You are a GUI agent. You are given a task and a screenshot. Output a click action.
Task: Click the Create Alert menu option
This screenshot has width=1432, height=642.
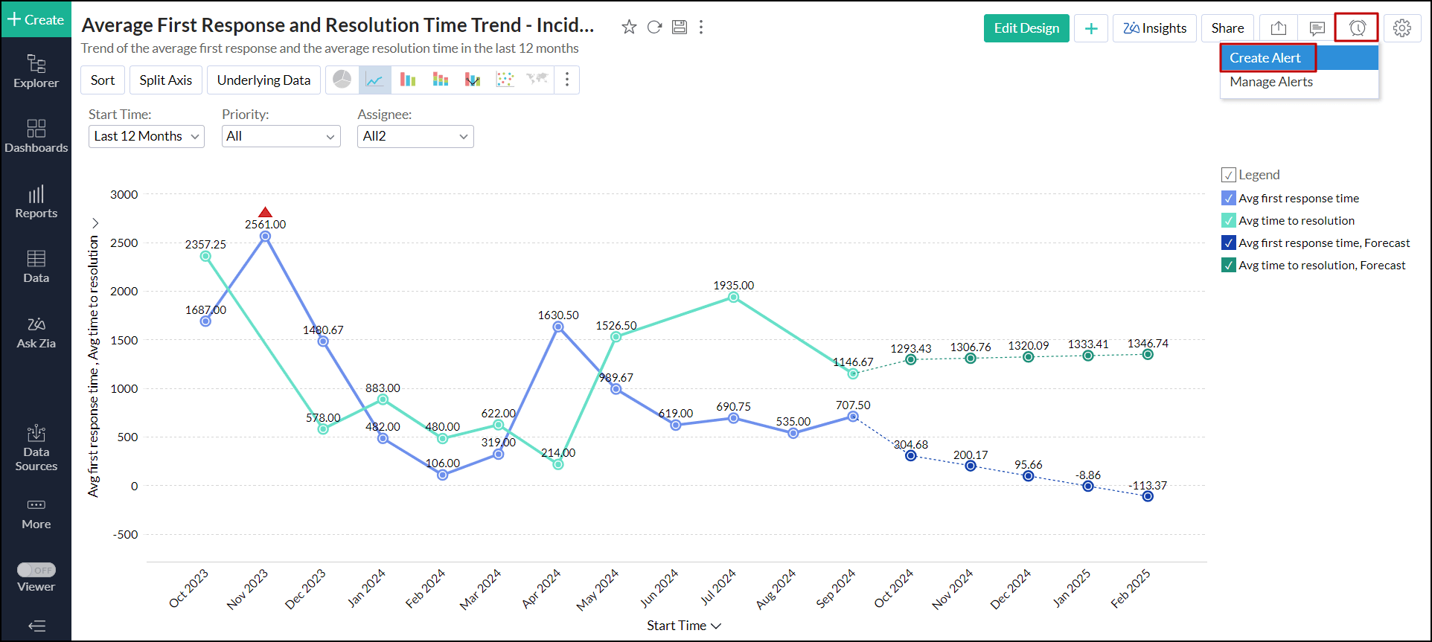coord(1265,58)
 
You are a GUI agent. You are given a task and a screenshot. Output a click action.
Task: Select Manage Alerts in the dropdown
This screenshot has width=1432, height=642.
coord(1271,82)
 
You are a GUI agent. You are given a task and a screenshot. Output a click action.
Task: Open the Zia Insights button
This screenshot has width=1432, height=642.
coord(1155,28)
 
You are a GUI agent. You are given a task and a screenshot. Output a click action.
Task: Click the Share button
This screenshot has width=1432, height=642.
coord(1227,28)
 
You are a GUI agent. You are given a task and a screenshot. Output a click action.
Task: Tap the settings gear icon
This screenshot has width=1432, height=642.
coord(1402,28)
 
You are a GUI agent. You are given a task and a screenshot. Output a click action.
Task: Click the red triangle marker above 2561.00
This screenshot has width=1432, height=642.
coord(265,213)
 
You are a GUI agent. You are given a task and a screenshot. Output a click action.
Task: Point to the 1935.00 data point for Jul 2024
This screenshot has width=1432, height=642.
coord(734,297)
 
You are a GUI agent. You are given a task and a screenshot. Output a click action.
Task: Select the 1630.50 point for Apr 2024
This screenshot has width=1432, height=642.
coord(558,327)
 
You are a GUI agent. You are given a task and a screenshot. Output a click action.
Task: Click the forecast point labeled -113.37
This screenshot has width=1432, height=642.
coord(1148,496)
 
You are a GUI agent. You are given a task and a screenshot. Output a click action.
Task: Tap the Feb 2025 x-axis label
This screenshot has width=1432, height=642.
coord(1131,588)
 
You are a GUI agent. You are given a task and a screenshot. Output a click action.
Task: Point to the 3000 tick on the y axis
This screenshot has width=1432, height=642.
coord(124,195)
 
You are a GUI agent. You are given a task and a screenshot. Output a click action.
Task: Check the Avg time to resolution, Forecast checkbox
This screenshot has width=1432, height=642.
coord(1229,266)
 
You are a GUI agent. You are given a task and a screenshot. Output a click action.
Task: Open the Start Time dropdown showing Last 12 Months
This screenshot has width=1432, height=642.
coord(146,136)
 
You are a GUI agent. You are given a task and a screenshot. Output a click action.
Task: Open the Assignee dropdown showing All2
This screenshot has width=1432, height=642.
coord(415,136)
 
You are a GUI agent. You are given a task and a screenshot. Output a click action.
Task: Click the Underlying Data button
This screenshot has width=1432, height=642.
coord(263,80)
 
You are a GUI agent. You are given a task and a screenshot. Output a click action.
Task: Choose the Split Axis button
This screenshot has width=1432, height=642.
coord(165,80)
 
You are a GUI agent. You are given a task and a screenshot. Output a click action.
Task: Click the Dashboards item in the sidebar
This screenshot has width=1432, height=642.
coord(36,136)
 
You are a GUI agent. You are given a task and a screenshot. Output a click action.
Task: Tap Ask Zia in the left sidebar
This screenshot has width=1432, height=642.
coord(36,333)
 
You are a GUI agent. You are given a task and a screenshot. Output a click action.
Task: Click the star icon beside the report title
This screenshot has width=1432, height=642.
coord(629,28)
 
